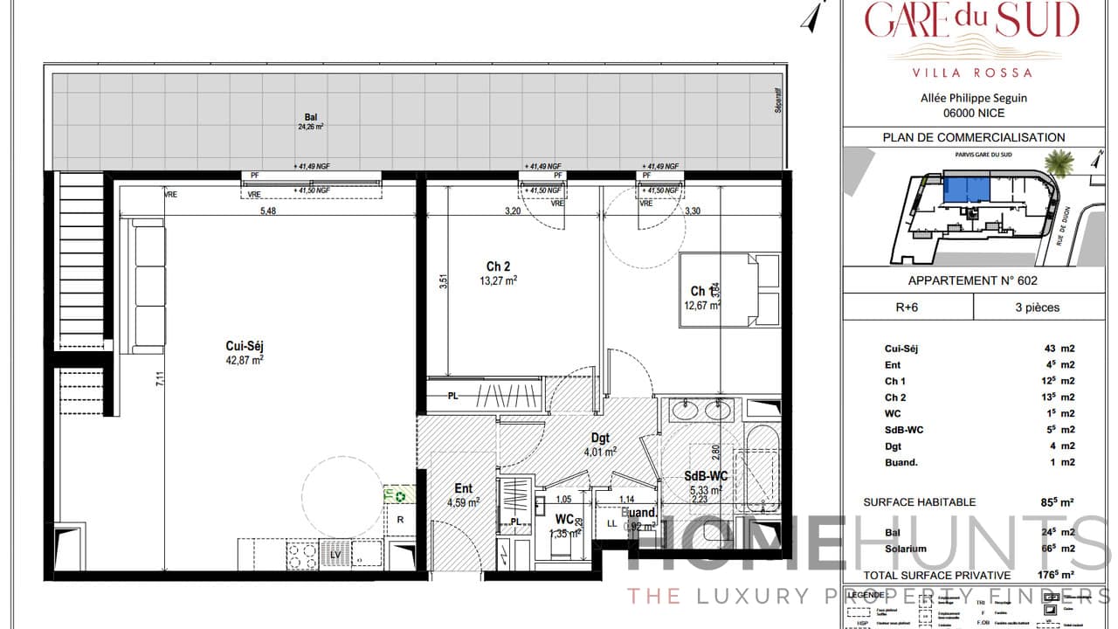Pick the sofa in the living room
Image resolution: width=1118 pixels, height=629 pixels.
coord(148,287)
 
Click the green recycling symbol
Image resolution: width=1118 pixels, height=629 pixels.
coord(400,496)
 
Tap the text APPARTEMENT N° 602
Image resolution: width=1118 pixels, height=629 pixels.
coord(972,281)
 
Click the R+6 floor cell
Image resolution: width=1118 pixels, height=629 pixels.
coord(908,308)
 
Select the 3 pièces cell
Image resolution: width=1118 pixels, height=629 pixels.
coord(1037,308)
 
